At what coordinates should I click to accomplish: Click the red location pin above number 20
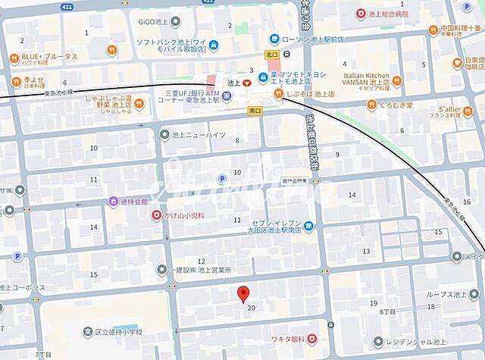pos(243,295)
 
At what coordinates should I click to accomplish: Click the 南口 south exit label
pos(255,110)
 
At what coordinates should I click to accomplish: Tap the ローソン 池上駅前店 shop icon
pos(274,39)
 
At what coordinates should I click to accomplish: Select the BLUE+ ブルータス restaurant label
pos(49,56)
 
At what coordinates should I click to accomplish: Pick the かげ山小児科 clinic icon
pos(156,215)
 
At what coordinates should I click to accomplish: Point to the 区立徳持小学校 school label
pos(113,331)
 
